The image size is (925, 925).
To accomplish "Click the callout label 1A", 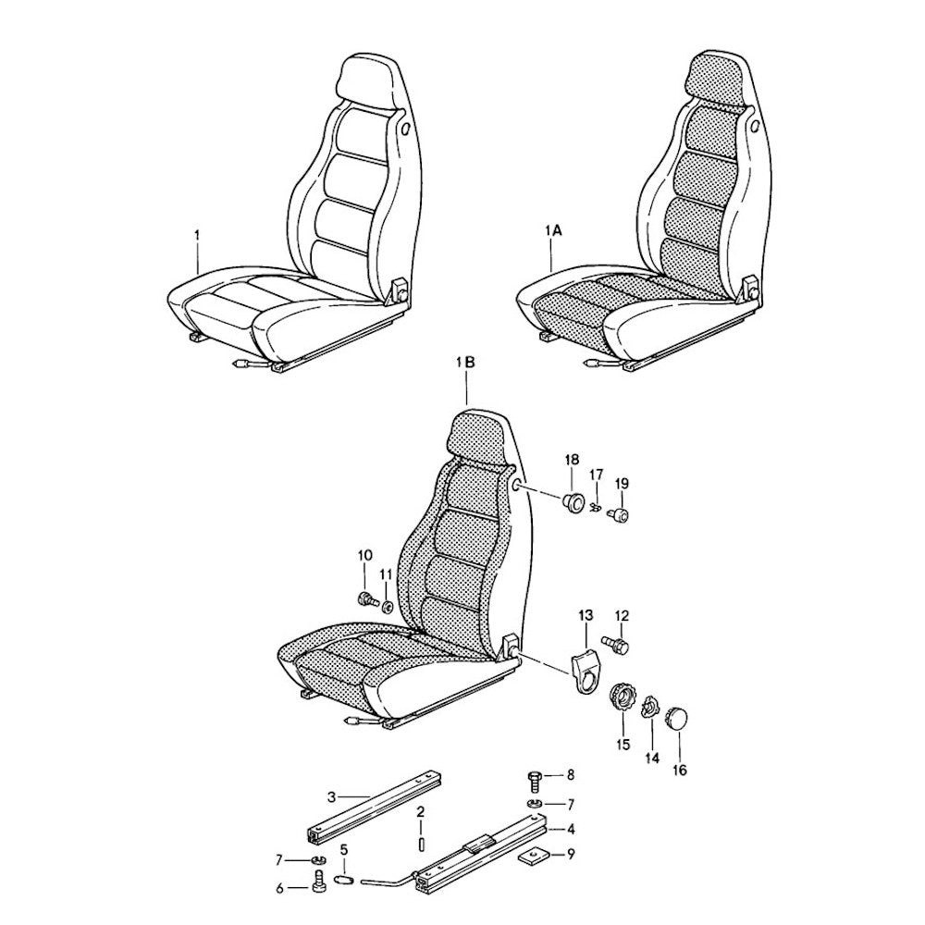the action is coord(554,232).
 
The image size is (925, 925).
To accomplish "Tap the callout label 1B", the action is coord(465,364).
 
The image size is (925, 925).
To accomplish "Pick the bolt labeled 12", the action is coord(615,644).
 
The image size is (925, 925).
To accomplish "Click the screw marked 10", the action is coord(366,600).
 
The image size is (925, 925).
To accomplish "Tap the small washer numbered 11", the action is coord(387,607).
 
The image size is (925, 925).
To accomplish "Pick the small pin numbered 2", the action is coord(420,845).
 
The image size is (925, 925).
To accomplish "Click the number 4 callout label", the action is coord(571,830).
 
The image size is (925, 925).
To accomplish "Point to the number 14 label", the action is coord(651,758).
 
